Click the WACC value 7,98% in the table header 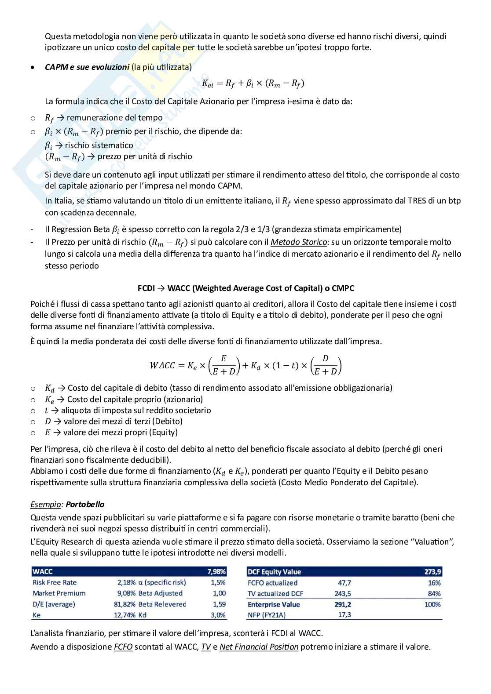coord(216,572)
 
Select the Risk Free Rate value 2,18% coord(126,582)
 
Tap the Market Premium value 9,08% coord(126,593)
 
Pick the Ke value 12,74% coord(125,615)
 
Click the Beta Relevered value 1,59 coord(219,604)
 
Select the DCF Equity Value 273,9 coord(433,572)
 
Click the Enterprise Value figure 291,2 coord(343,604)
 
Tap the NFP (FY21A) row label coord(267,615)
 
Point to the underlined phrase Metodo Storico coord(298,242)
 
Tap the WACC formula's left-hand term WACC coord(162,365)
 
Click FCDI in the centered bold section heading coord(146,288)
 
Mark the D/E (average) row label coord(54,604)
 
